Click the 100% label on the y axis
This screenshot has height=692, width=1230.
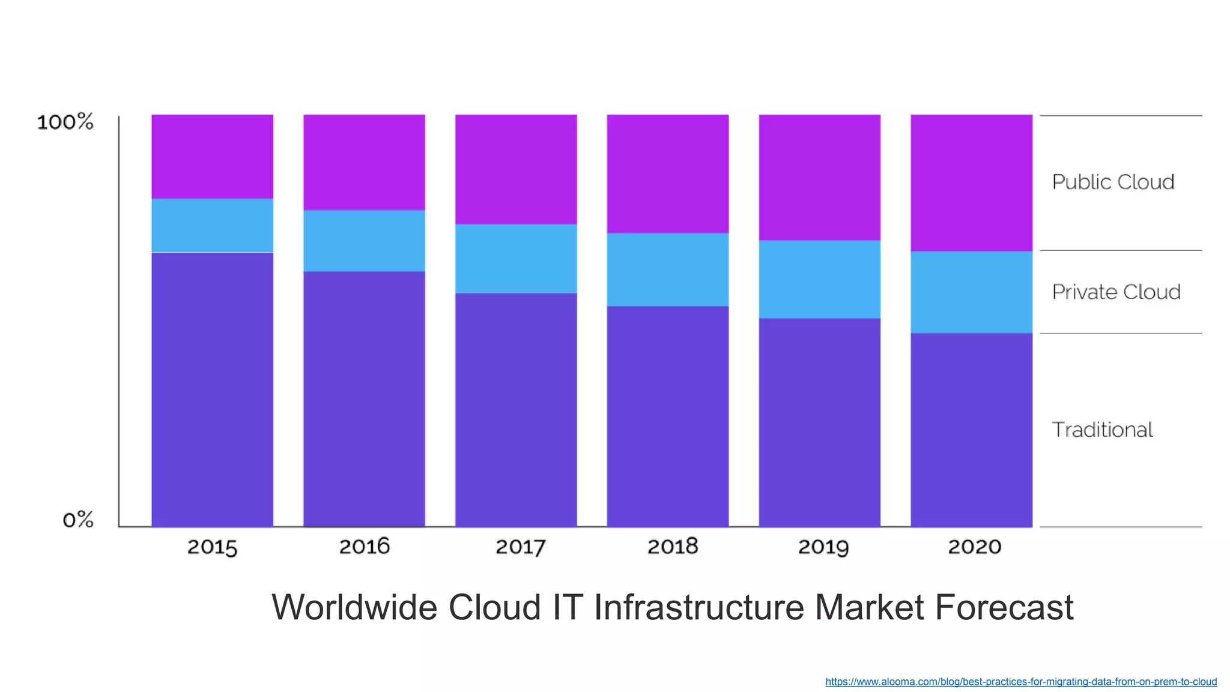click(x=65, y=122)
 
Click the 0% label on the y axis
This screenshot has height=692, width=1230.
click(x=78, y=520)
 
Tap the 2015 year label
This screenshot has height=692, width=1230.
click(x=212, y=547)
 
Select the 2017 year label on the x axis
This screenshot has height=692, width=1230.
click(x=520, y=547)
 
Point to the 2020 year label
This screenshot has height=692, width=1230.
click(x=974, y=547)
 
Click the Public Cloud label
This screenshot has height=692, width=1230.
click(x=1113, y=182)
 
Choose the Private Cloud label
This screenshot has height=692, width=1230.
click(x=1116, y=292)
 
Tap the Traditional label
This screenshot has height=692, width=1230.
click(x=1102, y=430)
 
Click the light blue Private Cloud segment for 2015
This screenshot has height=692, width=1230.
click(x=212, y=225)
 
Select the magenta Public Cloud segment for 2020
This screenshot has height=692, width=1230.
click(x=971, y=183)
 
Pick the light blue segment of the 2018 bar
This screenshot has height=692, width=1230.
click(x=668, y=270)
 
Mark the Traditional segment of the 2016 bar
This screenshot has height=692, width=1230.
click(x=364, y=399)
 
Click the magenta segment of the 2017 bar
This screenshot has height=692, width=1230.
click(x=516, y=169)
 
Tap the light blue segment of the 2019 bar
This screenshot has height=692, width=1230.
click(x=819, y=279)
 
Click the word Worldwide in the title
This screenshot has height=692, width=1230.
click(x=354, y=607)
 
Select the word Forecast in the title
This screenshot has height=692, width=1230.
click(x=1004, y=607)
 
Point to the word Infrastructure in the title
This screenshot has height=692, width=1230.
click(x=698, y=607)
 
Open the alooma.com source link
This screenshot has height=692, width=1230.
click(x=1020, y=682)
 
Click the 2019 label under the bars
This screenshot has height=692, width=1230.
click(x=823, y=547)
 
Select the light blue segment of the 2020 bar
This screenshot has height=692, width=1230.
click(x=971, y=292)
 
